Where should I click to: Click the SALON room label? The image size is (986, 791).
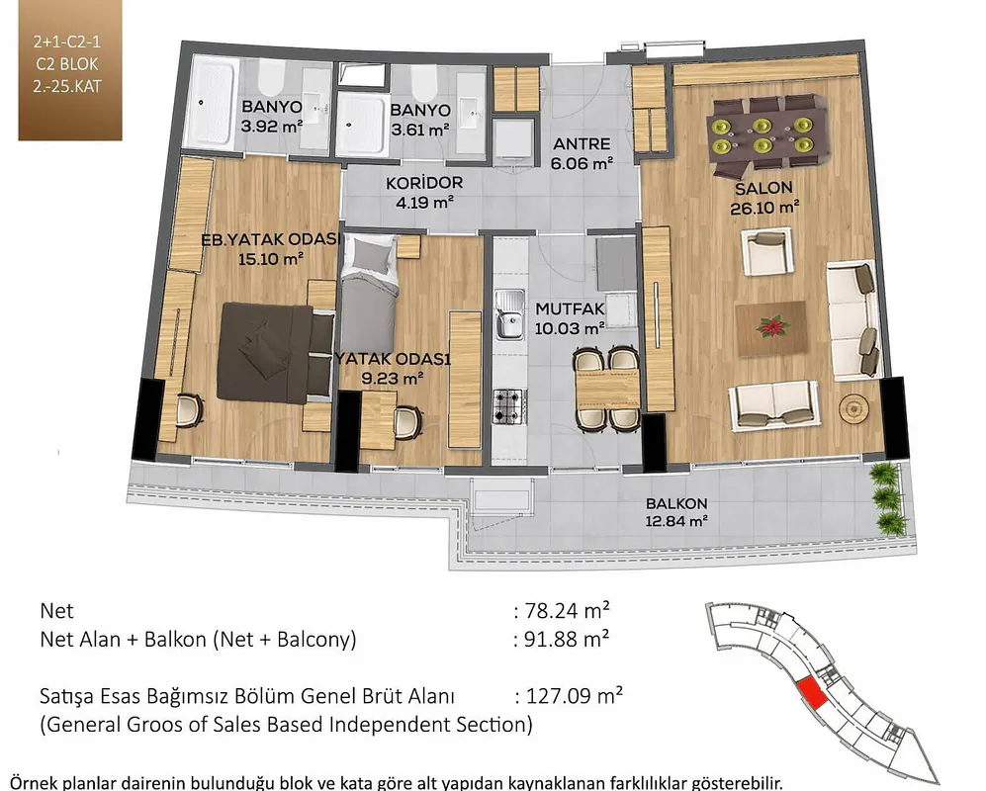(763, 188)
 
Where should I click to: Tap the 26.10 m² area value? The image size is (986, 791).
(764, 208)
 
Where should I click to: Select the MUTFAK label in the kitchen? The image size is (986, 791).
(570, 308)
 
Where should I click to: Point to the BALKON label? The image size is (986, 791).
(676, 503)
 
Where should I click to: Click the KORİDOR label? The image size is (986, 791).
(424, 183)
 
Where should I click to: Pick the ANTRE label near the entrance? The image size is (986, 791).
(582, 144)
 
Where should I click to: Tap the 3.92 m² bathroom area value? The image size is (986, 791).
(272, 127)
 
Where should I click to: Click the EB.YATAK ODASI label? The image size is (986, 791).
(271, 239)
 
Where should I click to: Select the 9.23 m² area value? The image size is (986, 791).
(393, 379)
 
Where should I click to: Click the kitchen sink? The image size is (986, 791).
(509, 314)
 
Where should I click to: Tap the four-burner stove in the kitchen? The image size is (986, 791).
(508, 406)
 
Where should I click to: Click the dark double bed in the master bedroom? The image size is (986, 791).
(275, 352)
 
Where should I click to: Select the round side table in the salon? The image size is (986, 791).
(854, 407)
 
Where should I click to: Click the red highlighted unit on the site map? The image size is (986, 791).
(812, 694)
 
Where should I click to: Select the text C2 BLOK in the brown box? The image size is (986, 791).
(67, 64)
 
